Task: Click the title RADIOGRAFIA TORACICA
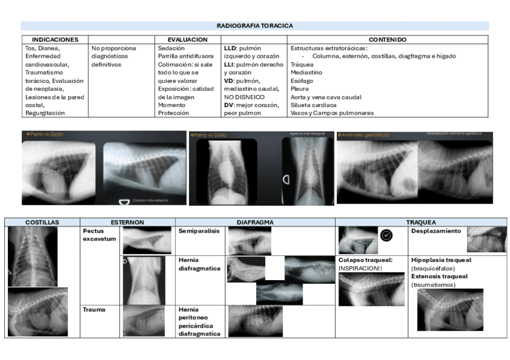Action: pos(254,26)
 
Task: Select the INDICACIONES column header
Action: pos(55,40)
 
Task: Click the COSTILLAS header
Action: pos(42,222)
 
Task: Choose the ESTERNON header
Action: pos(127,222)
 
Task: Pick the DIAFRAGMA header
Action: pos(254,222)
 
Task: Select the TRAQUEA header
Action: pos(421,222)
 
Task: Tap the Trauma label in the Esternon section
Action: pos(94,310)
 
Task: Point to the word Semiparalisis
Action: pos(199,231)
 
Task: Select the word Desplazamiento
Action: pos(436,231)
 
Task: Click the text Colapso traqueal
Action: pos(365,260)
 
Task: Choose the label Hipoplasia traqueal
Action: pos(441,260)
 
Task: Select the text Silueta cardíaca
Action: pos(313,105)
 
